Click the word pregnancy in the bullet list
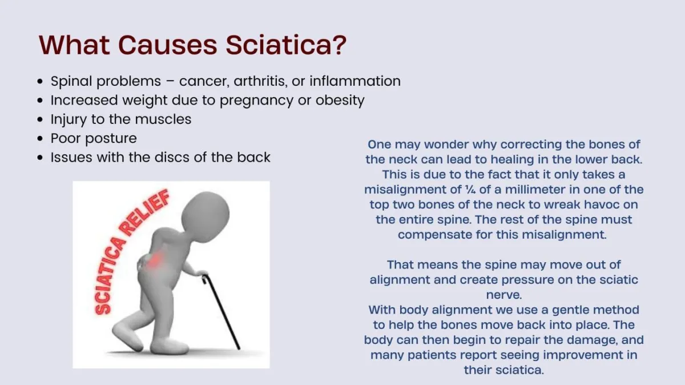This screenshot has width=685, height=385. point(256,101)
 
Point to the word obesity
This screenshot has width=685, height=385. point(340,101)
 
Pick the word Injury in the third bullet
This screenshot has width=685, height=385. point(68,119)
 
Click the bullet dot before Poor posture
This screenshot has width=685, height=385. point(40,139)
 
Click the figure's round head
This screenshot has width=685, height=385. point(205,213)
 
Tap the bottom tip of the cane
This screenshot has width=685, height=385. point(239,348)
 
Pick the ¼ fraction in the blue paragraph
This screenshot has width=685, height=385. point(470,190)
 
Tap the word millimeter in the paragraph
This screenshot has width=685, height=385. point(535,190)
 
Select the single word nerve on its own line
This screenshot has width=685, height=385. point(504,295)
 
